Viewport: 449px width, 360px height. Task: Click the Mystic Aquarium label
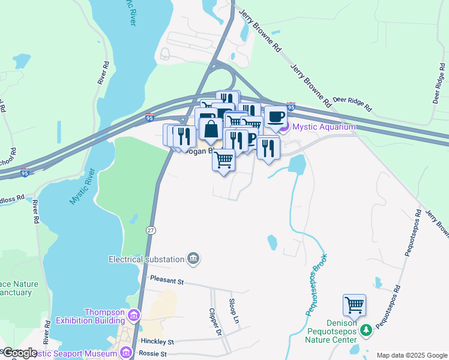pos(324,127)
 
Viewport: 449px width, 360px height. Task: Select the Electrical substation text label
pos(146,259)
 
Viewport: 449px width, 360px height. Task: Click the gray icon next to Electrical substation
pos(193,259)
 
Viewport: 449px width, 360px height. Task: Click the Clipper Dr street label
pos(216,323)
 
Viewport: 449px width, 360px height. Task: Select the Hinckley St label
pos(157,341)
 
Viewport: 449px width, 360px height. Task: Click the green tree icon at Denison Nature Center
pos(365,330)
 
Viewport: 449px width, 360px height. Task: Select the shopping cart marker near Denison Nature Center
pos(354,305)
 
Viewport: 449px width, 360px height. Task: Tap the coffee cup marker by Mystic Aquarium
pos(276,116)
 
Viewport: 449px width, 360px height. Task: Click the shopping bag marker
pos(211,128)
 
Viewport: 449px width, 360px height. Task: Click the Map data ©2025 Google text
pos(412,355)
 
